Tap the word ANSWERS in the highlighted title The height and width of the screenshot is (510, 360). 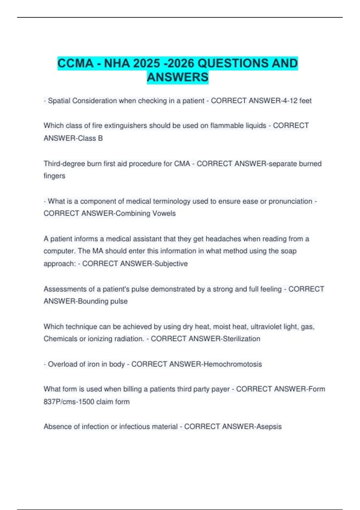click(178, 77)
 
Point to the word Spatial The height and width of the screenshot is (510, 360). click(59, 101)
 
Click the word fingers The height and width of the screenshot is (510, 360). click(54, 176)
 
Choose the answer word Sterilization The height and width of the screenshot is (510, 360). click(241, 339)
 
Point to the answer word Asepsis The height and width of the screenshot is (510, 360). click(269, 427)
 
